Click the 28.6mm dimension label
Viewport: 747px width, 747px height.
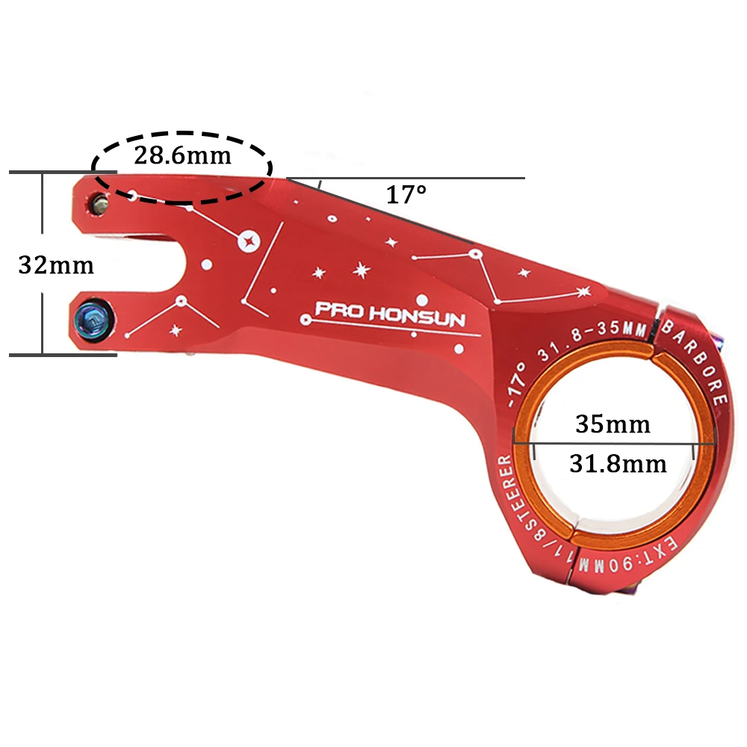[182, 156]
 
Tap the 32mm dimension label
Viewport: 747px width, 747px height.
[57, 264]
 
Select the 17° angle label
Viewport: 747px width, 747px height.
[406, 196]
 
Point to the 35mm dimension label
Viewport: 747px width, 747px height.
[613, 424]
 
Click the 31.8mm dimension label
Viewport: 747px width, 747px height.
[617, 463]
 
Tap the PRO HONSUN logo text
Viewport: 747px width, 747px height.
[389, 314]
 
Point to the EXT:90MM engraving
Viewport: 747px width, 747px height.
[648, 566]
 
